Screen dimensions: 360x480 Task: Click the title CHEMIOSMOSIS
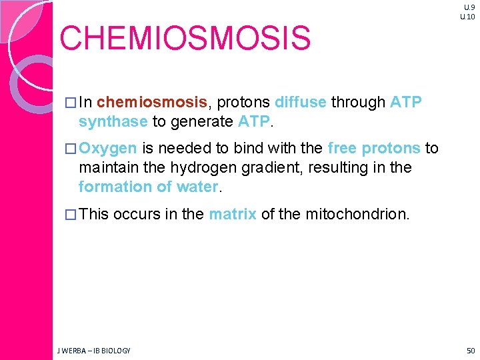pos(185,39)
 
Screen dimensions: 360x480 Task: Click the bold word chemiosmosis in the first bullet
pos(152,103)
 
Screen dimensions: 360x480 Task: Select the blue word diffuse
pos(300,103)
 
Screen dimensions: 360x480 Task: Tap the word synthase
pos(113,121)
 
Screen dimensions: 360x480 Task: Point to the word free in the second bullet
pos(342,149)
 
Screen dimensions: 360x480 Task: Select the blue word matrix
pos(232,215)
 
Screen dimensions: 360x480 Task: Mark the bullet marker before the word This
pos(71,215)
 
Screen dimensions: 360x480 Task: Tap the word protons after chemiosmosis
pos(243,103)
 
